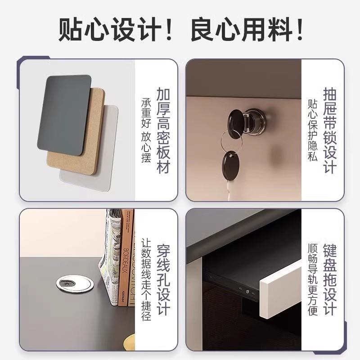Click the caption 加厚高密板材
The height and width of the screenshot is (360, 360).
[x=163, y=130]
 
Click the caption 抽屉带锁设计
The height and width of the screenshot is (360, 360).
[x=329, y=130]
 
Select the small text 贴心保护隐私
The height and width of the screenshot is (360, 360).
[x=313, y=130]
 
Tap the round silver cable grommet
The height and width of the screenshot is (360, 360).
[x=75, y=283]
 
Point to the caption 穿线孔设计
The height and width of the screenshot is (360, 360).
[x=163, y=279]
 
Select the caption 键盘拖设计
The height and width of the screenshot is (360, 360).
[x=329, y=279]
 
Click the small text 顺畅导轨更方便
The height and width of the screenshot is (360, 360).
[x=313, y=279]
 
